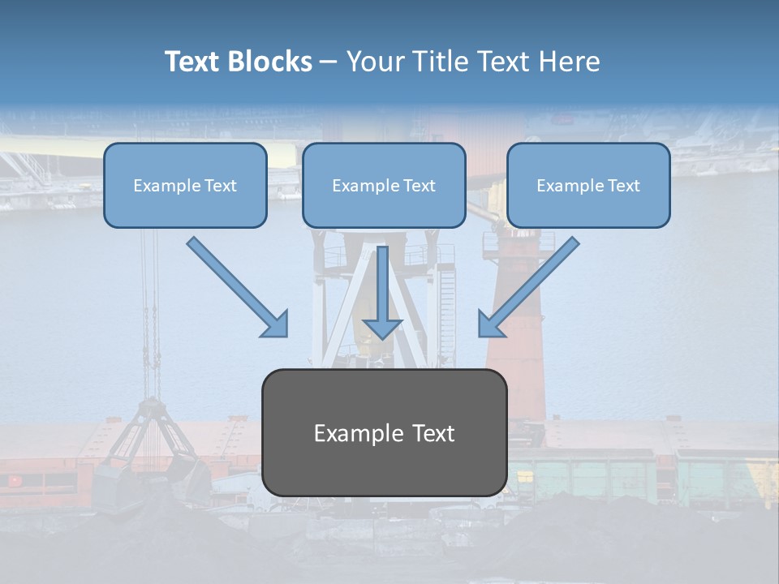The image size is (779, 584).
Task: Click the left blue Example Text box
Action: pos(185,186)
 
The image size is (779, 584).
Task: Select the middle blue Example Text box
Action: pos(384,186)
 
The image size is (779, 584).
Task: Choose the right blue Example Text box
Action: pos(588,186)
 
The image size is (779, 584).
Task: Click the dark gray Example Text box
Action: pos(385,433)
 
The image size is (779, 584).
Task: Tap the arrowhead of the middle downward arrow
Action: pos(382,327)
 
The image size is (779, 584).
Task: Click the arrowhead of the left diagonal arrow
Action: pos(277,324)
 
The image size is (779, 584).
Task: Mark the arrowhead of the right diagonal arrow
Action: pos(490,324)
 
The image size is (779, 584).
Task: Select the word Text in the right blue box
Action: pos(623,186)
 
